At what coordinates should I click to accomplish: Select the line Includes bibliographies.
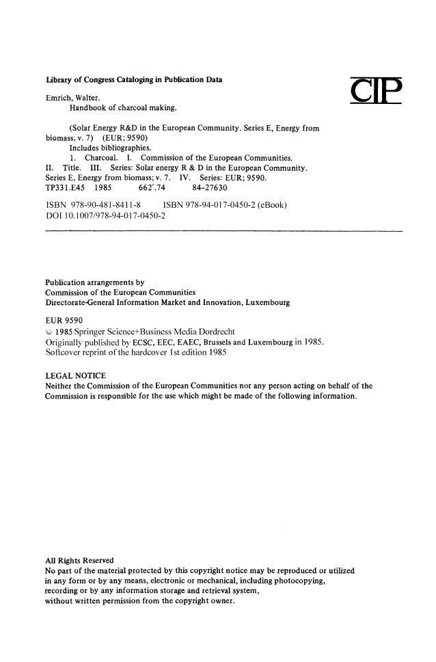point(110,147)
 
